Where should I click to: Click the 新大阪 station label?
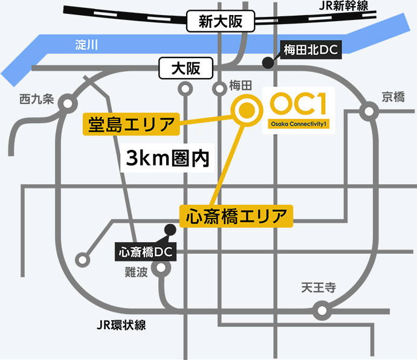click(221, 22)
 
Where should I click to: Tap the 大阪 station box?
click(185, 68)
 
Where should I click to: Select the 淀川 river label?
click(86, 45)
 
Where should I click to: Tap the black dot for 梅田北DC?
click(266, 62)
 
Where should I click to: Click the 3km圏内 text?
click(167, 158)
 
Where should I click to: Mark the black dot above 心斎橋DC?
click(170, 229)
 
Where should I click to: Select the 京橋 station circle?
click(367, 111)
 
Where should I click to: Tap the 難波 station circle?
click(160, 268)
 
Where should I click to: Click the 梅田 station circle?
click(219, 89)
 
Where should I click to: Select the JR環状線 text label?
click(121, 325)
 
